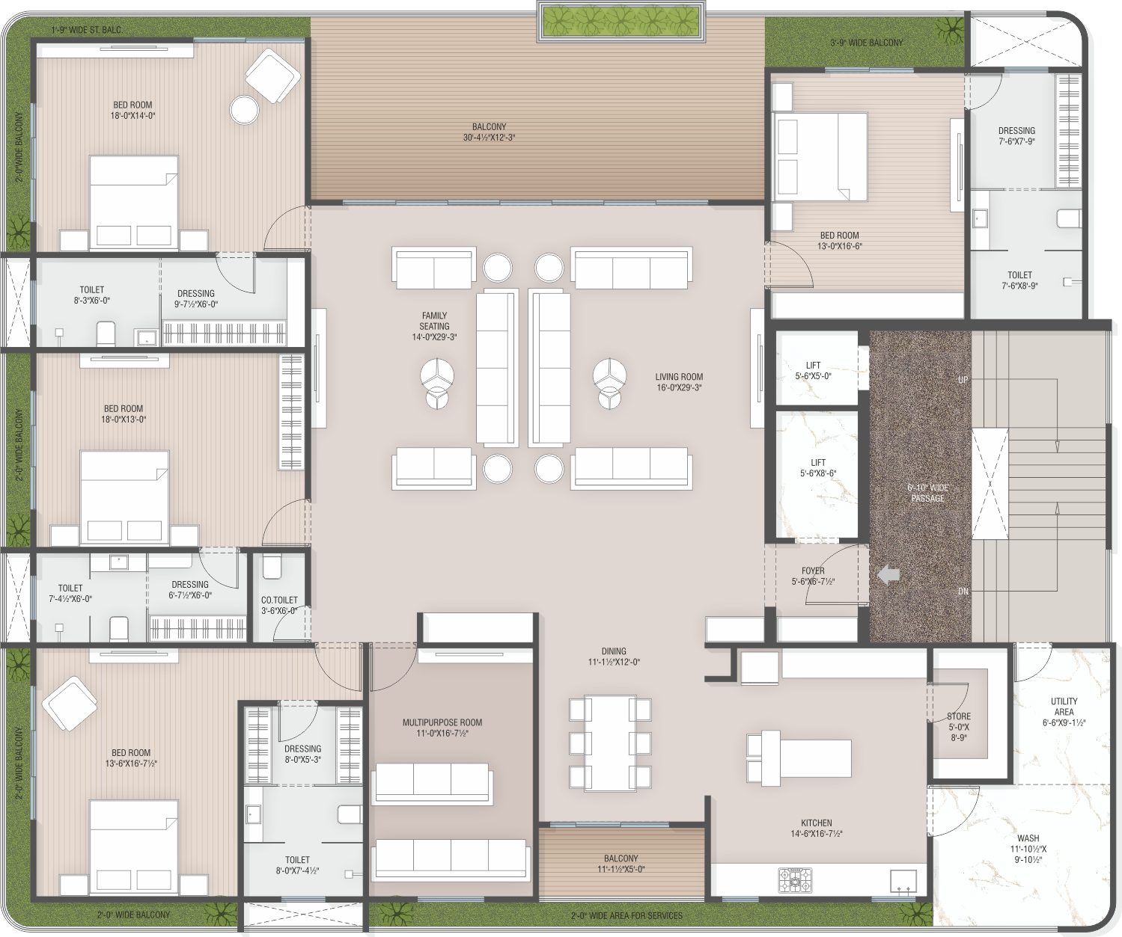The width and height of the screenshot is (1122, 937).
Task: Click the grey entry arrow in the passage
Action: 888,575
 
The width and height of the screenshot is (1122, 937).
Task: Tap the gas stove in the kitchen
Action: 796,880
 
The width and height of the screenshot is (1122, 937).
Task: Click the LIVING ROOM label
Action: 679,382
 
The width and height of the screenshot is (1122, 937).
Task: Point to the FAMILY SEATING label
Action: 434,326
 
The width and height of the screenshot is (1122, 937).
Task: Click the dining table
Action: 610,743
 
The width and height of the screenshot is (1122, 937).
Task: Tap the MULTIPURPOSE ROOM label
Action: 442,728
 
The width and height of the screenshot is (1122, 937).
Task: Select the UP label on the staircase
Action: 963,380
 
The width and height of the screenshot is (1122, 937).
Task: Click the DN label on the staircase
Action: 963,592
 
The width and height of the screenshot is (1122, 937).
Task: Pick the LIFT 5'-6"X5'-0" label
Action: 813,370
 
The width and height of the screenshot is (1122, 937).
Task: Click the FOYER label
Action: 813,571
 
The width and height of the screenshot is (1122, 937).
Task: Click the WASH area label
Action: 1028,838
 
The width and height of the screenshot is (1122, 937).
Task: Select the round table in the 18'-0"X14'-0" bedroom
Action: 245,109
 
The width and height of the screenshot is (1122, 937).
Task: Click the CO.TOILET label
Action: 279,600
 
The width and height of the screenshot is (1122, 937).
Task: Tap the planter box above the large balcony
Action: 621,22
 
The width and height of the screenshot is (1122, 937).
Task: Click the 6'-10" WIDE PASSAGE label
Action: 928,493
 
